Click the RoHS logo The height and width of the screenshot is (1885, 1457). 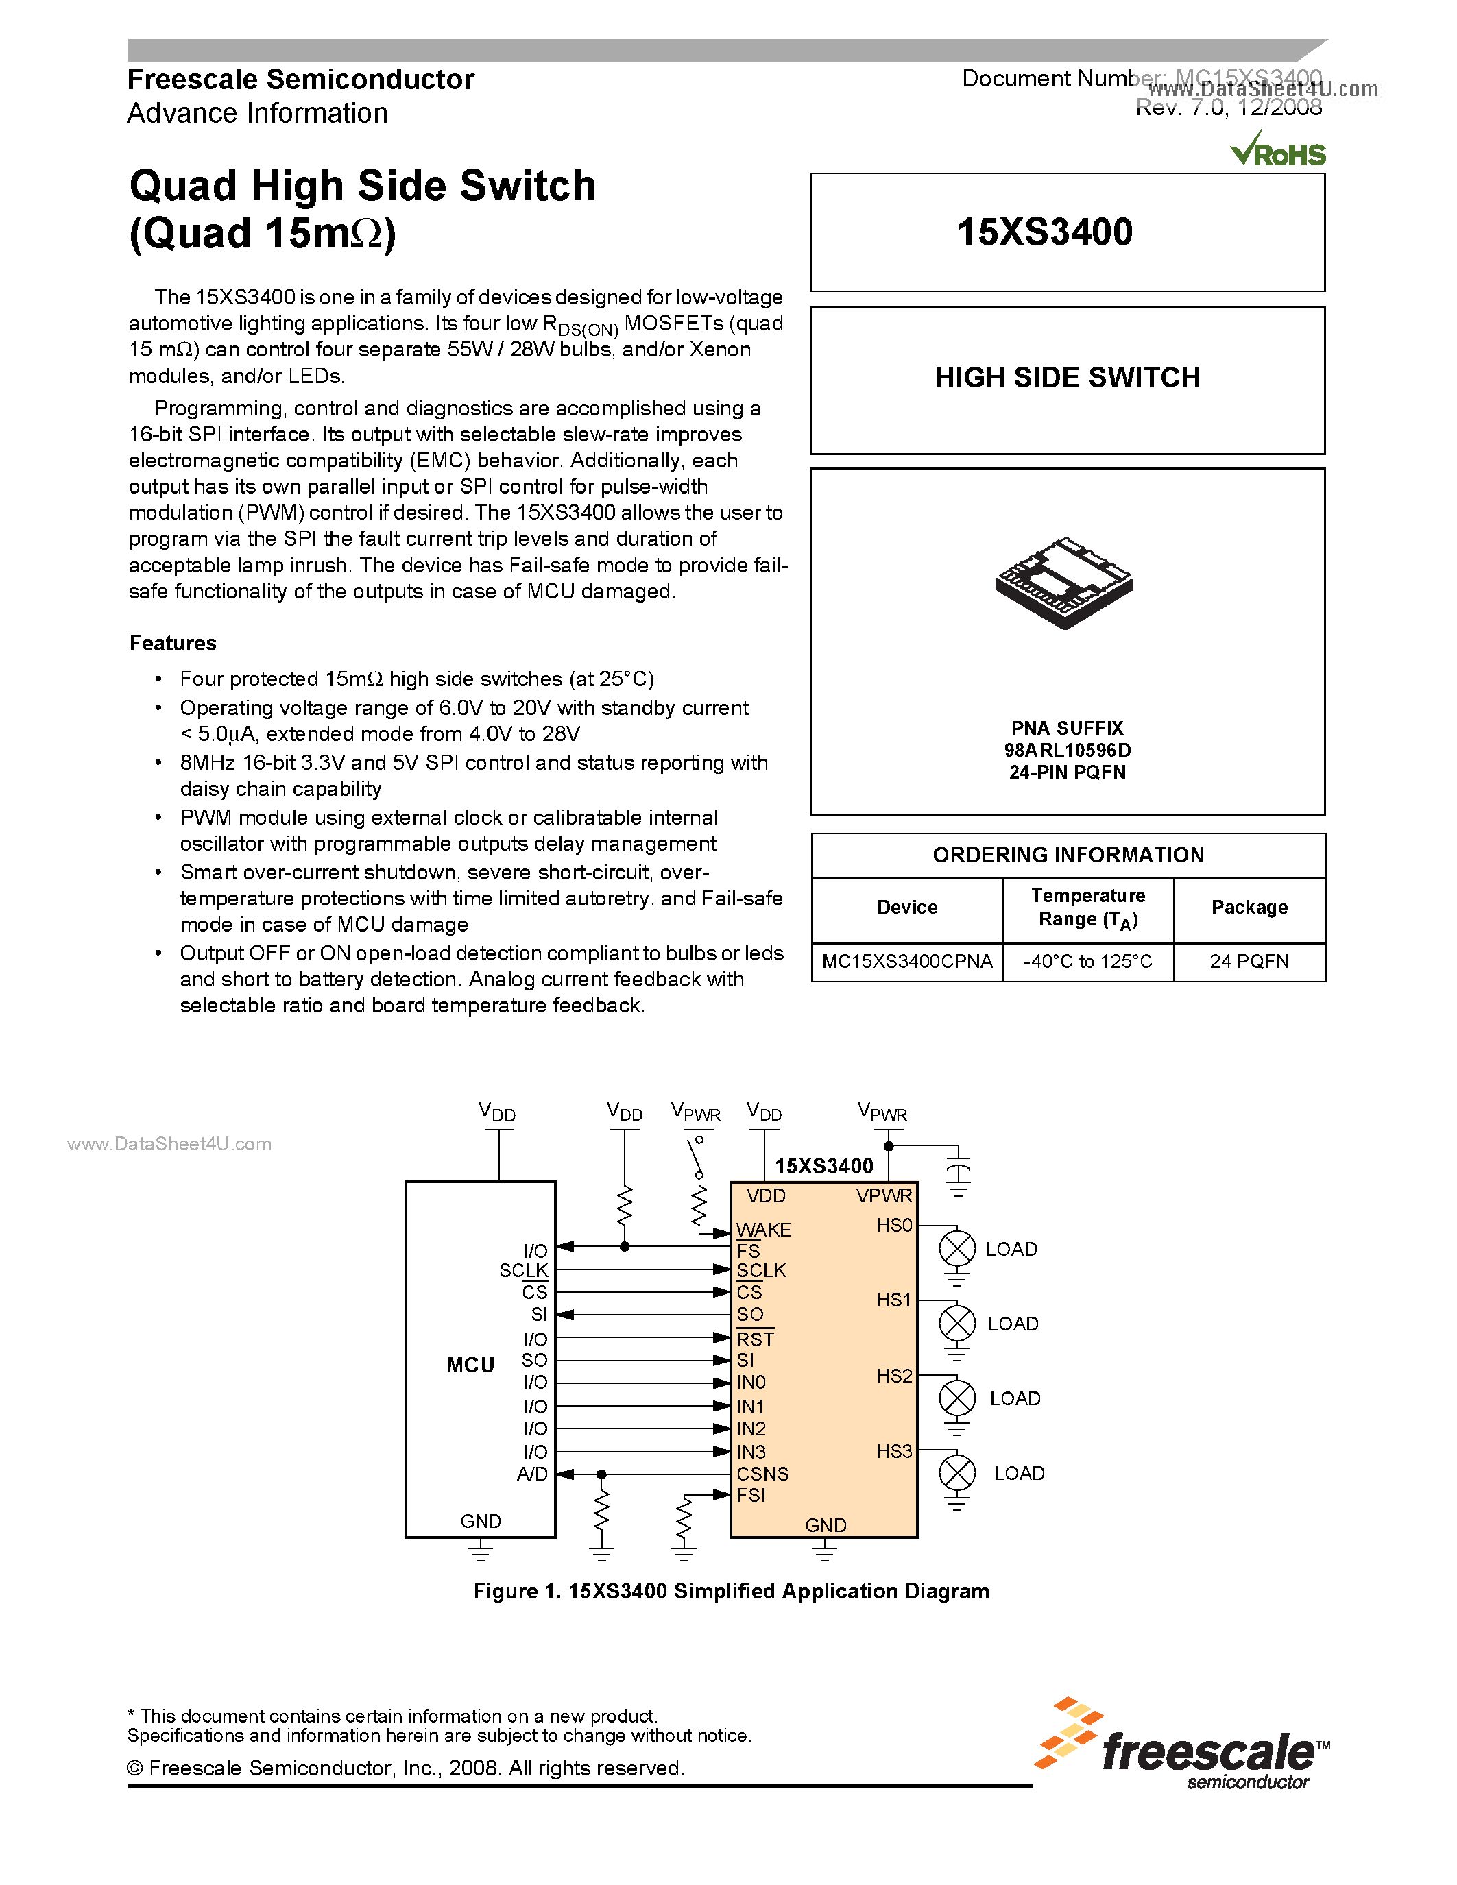(x=1278, y=151)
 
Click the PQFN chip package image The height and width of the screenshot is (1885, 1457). (x=1064, y=583)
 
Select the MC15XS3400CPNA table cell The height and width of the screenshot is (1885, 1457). (x=906, y=962)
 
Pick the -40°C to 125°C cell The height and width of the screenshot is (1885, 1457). (x=1087, y=962)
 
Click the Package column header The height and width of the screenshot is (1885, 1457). (x=1249, y=907)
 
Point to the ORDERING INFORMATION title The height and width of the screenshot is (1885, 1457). (x=1068, y=855)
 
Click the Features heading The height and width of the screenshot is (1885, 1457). (x=173, y=643)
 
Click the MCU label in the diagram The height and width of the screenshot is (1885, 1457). (x=470, y=1365)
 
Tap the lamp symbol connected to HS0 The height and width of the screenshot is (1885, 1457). (x=956, y=1248)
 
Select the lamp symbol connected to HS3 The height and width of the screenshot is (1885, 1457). (x=956, y=1472)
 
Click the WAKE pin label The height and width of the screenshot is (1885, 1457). (x=763, y=1229)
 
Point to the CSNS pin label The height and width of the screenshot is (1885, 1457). (x=762, y=1473)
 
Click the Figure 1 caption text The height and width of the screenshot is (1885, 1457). (x=731, y=1591)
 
